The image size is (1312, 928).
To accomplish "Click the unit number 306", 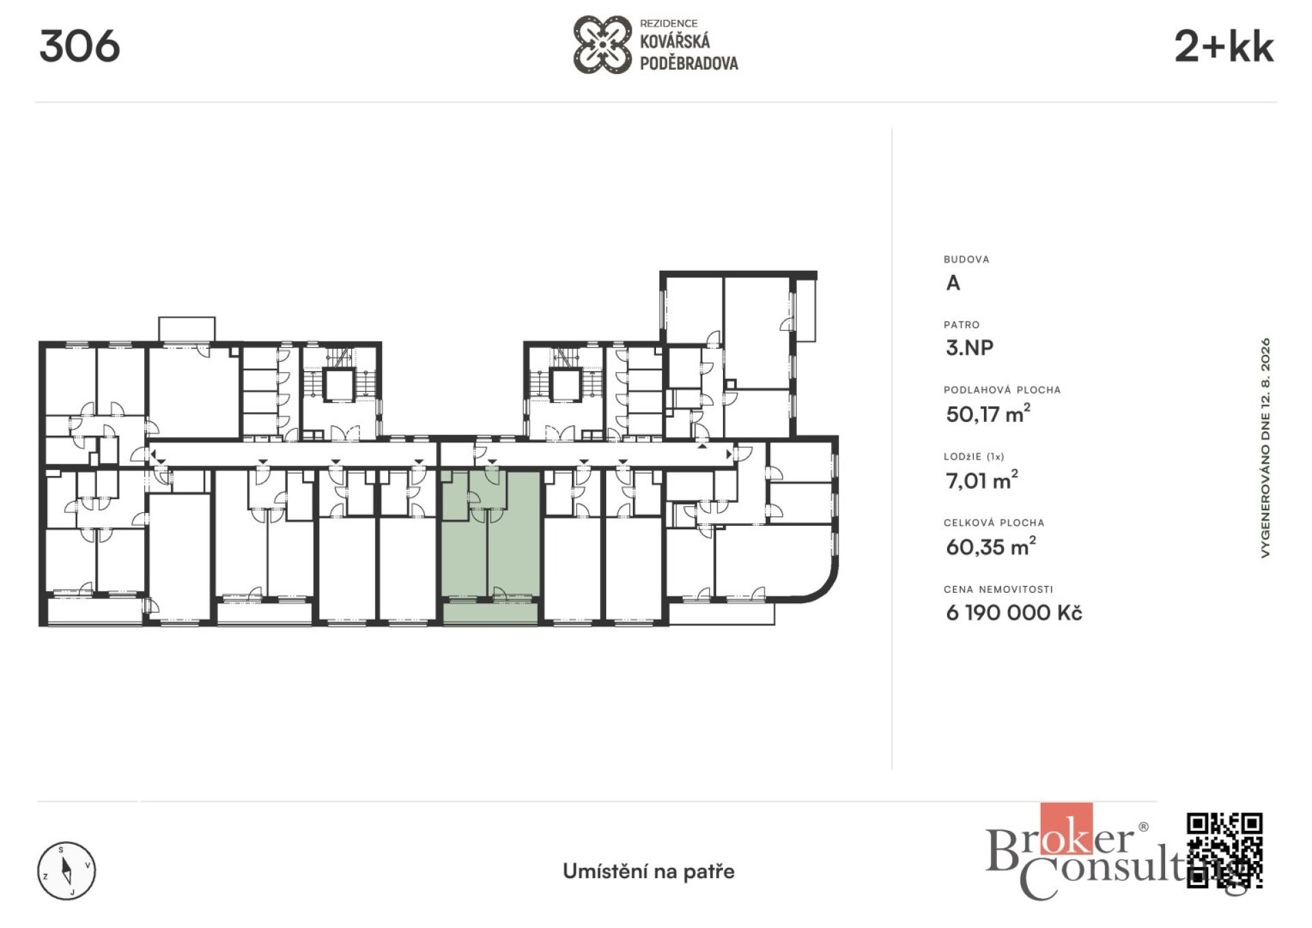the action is (79, 47).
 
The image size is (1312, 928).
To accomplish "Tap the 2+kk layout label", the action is (1223, 47).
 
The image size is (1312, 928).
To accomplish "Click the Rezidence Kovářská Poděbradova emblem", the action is (602, 45).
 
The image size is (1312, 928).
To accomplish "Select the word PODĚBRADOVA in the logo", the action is (689, 64).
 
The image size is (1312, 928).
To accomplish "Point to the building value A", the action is (953, 282).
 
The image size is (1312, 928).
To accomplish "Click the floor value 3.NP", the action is (969, 347).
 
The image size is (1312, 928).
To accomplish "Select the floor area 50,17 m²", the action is (987, 413).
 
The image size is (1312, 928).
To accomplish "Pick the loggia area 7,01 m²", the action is (981, 479).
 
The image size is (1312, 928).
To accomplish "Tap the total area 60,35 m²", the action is (990, 546).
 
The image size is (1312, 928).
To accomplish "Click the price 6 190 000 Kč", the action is (1013, 612).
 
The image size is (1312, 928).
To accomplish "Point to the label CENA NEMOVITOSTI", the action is (998, 589).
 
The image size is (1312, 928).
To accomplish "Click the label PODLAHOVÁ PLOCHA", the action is (1002, 390).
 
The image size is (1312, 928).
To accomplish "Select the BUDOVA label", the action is (966, 259).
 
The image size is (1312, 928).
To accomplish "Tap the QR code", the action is (1225, 850).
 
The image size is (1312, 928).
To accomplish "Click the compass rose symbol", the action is (66, 871).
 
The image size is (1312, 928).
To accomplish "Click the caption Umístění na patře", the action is (648, 871).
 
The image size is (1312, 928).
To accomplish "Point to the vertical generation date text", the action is (1266, 448).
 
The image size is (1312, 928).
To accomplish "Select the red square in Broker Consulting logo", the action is (1066, 829).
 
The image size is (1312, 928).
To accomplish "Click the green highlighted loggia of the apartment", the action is (490, 613).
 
